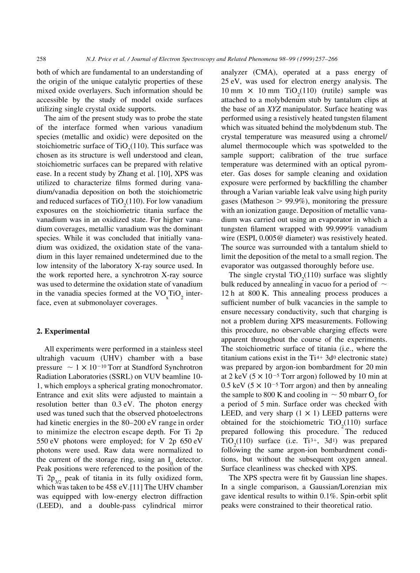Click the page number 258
coord(42,59)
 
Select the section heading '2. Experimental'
coord(63,331)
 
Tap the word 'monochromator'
coord(179,386)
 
